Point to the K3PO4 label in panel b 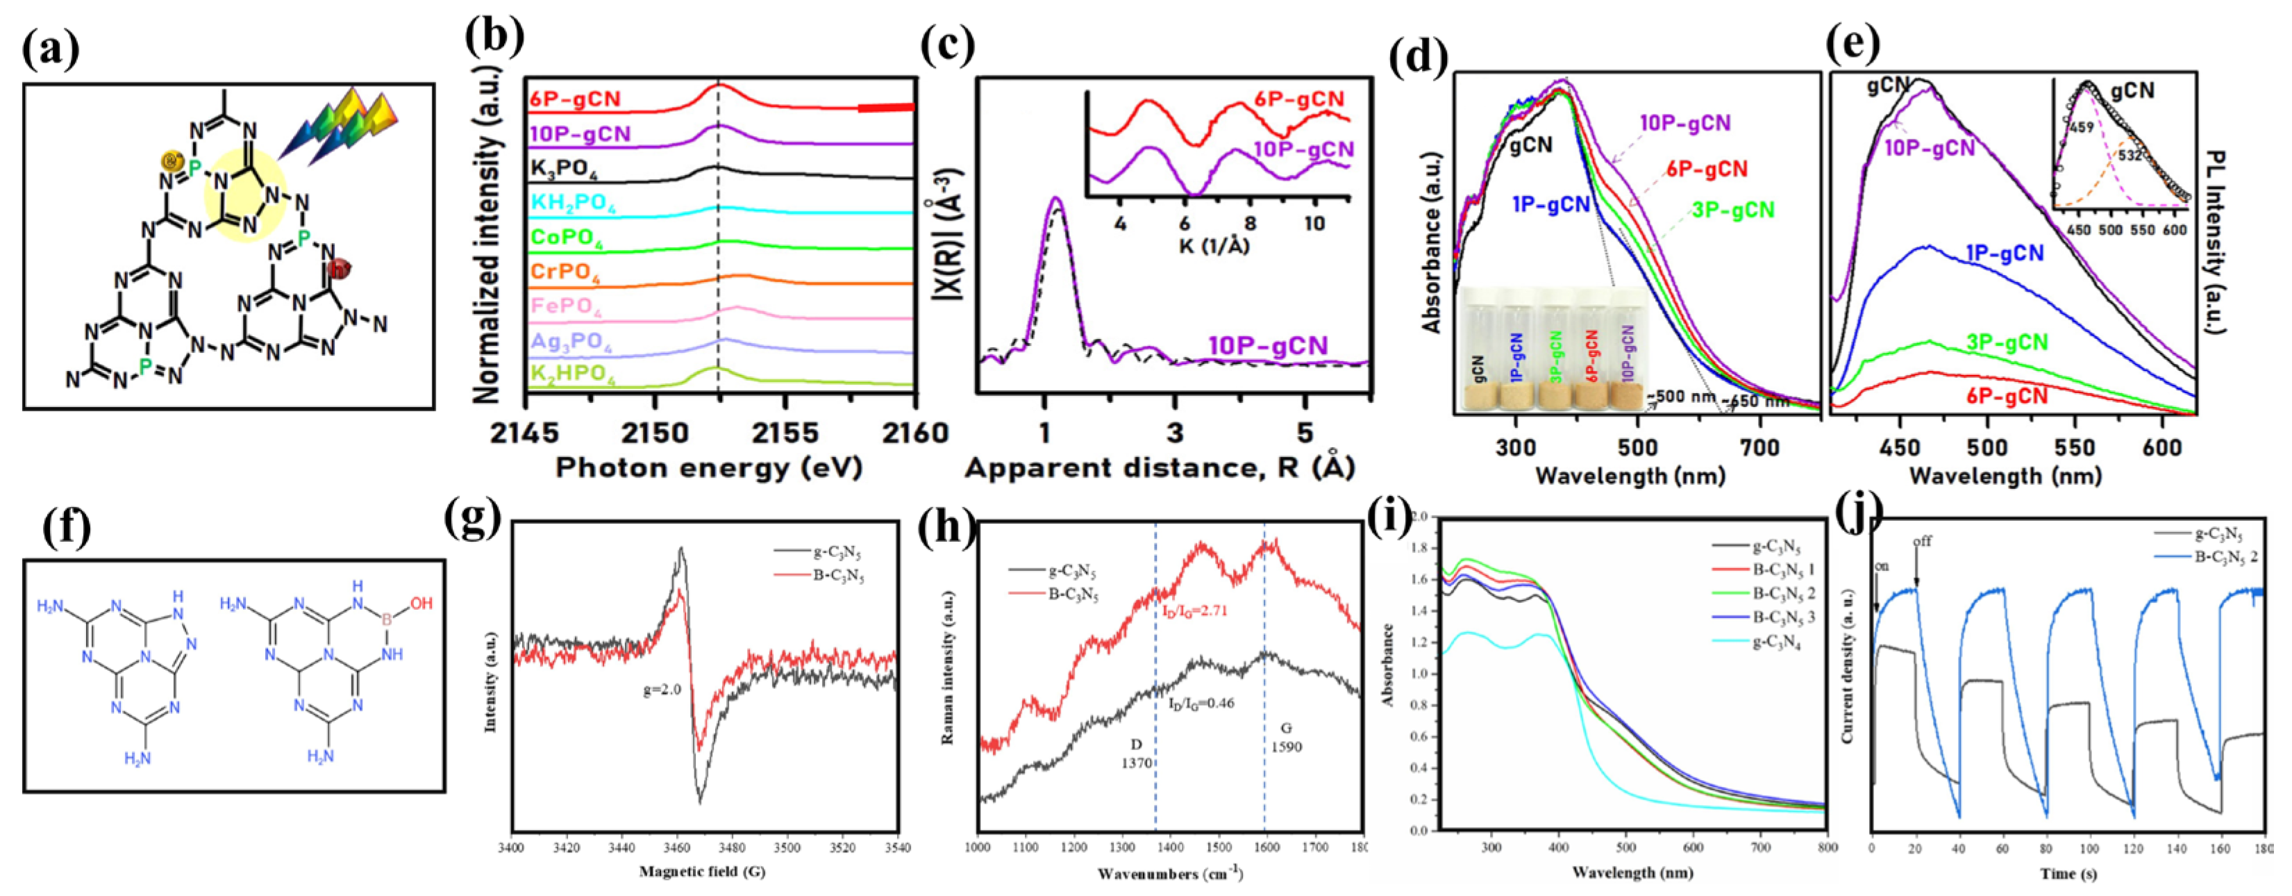coord(564,168)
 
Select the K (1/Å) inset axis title coord(1214,244)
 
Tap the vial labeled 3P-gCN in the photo coord(1556,356)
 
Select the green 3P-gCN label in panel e coord(2007,342)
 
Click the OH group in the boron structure coord(421,604)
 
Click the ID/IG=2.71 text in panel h coord(1194,611)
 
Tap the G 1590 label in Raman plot coord(1286,737)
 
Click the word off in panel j coord(1922,542)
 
